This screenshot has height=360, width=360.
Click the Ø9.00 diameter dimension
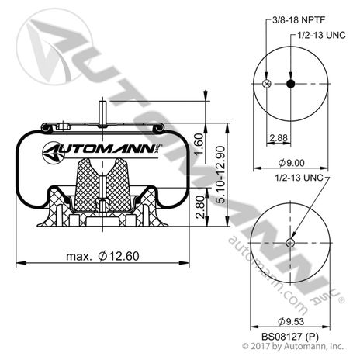pos(291,164)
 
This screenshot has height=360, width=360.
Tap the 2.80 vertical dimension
pos(199,209)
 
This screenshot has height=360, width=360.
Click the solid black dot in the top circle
pos(290,84)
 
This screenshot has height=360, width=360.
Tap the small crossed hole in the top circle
pos(266,84)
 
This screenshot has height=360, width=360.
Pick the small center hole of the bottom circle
pos(290,243)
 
